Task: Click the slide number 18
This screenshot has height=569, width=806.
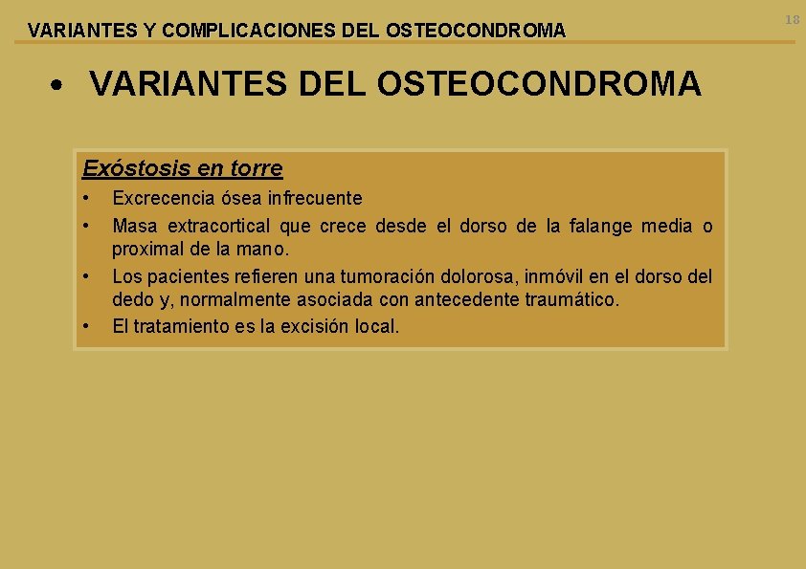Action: [x=792, y=20]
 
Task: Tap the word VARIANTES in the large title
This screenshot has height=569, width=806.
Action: [x=187, y=85]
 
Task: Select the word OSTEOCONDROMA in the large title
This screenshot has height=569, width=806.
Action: [x=539, y=85]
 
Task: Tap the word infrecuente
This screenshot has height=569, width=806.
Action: [x=315, y=199]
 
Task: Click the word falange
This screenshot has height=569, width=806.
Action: [x=601, y=227]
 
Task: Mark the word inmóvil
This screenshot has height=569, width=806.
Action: [x=554, y=277]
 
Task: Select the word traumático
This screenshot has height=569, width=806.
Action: [x=571, y=300]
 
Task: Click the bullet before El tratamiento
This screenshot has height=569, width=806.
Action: [x=86, y=326]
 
